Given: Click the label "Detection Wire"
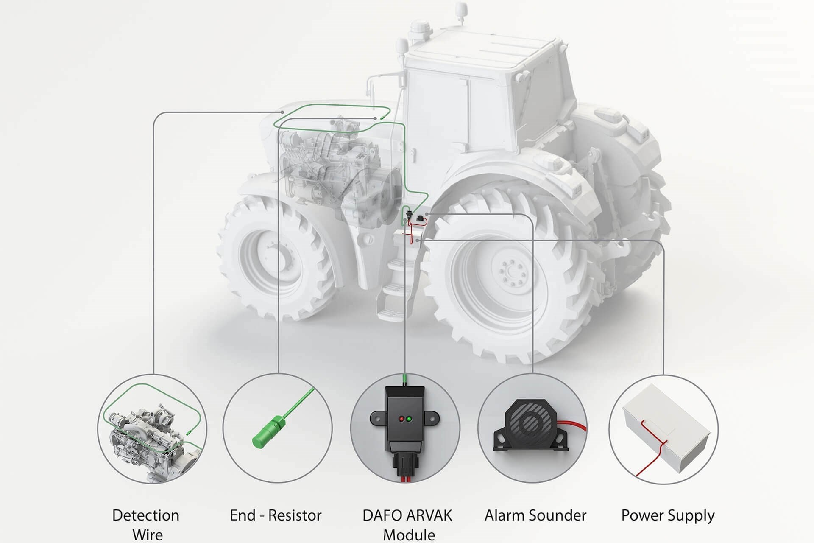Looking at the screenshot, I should coord(146,524).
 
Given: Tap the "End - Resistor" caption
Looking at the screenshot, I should coord(276,515).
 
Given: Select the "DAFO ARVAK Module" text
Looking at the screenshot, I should coord(407,524).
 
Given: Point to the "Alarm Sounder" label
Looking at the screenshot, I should coord(535,515).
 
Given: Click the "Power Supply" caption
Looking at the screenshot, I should coord(668,515).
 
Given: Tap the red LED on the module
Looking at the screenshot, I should coord(401,419).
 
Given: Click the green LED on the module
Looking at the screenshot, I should coord(409,419).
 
